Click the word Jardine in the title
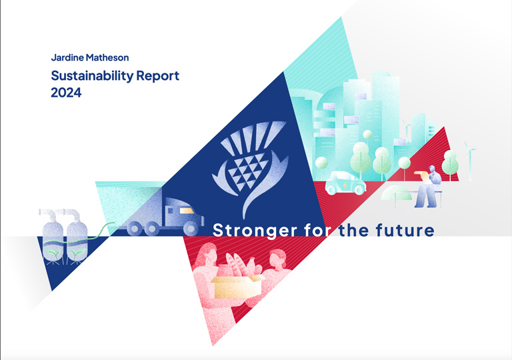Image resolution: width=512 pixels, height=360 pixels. tap(67, 57)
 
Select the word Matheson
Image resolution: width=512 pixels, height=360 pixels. tap(107, 57)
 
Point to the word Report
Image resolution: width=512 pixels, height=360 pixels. tap(158, 77)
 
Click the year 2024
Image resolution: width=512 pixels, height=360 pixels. tap(66, 93)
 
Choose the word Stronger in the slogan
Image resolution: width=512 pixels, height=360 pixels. tap(255, 231)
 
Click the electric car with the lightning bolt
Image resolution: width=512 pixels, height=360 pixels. tap(345, 183)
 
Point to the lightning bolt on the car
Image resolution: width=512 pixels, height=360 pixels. tap(345, 186)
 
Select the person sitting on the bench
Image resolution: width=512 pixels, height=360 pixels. tap(429, 187)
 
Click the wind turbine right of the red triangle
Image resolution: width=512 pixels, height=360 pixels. tap(470, 161)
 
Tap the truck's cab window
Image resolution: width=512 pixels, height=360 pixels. tap(187, 211)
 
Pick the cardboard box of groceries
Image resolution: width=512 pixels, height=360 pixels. tap(237, 286)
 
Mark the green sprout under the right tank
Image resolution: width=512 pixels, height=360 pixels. tap(77, 254)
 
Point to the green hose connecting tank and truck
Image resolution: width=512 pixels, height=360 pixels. tap(98, 230)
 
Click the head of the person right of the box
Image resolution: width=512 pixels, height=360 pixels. tap(277, 258)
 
